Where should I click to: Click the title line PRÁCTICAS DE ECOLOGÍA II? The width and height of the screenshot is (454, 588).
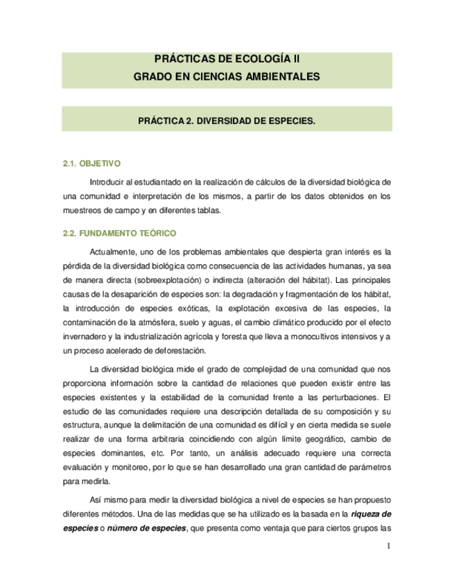pos(227,62)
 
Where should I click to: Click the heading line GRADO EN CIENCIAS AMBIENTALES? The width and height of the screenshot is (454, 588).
pos(227,76)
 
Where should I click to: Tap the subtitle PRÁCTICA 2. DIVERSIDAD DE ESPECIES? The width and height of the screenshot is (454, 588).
pos(227,120)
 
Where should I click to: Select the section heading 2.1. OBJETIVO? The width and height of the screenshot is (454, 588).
pos(91,164)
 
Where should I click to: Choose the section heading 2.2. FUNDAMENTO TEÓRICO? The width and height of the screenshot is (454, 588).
pos(119,233)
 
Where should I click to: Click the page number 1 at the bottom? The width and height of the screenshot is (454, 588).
pos(389,545)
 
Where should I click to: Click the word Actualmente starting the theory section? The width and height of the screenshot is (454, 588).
pos(114,251)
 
